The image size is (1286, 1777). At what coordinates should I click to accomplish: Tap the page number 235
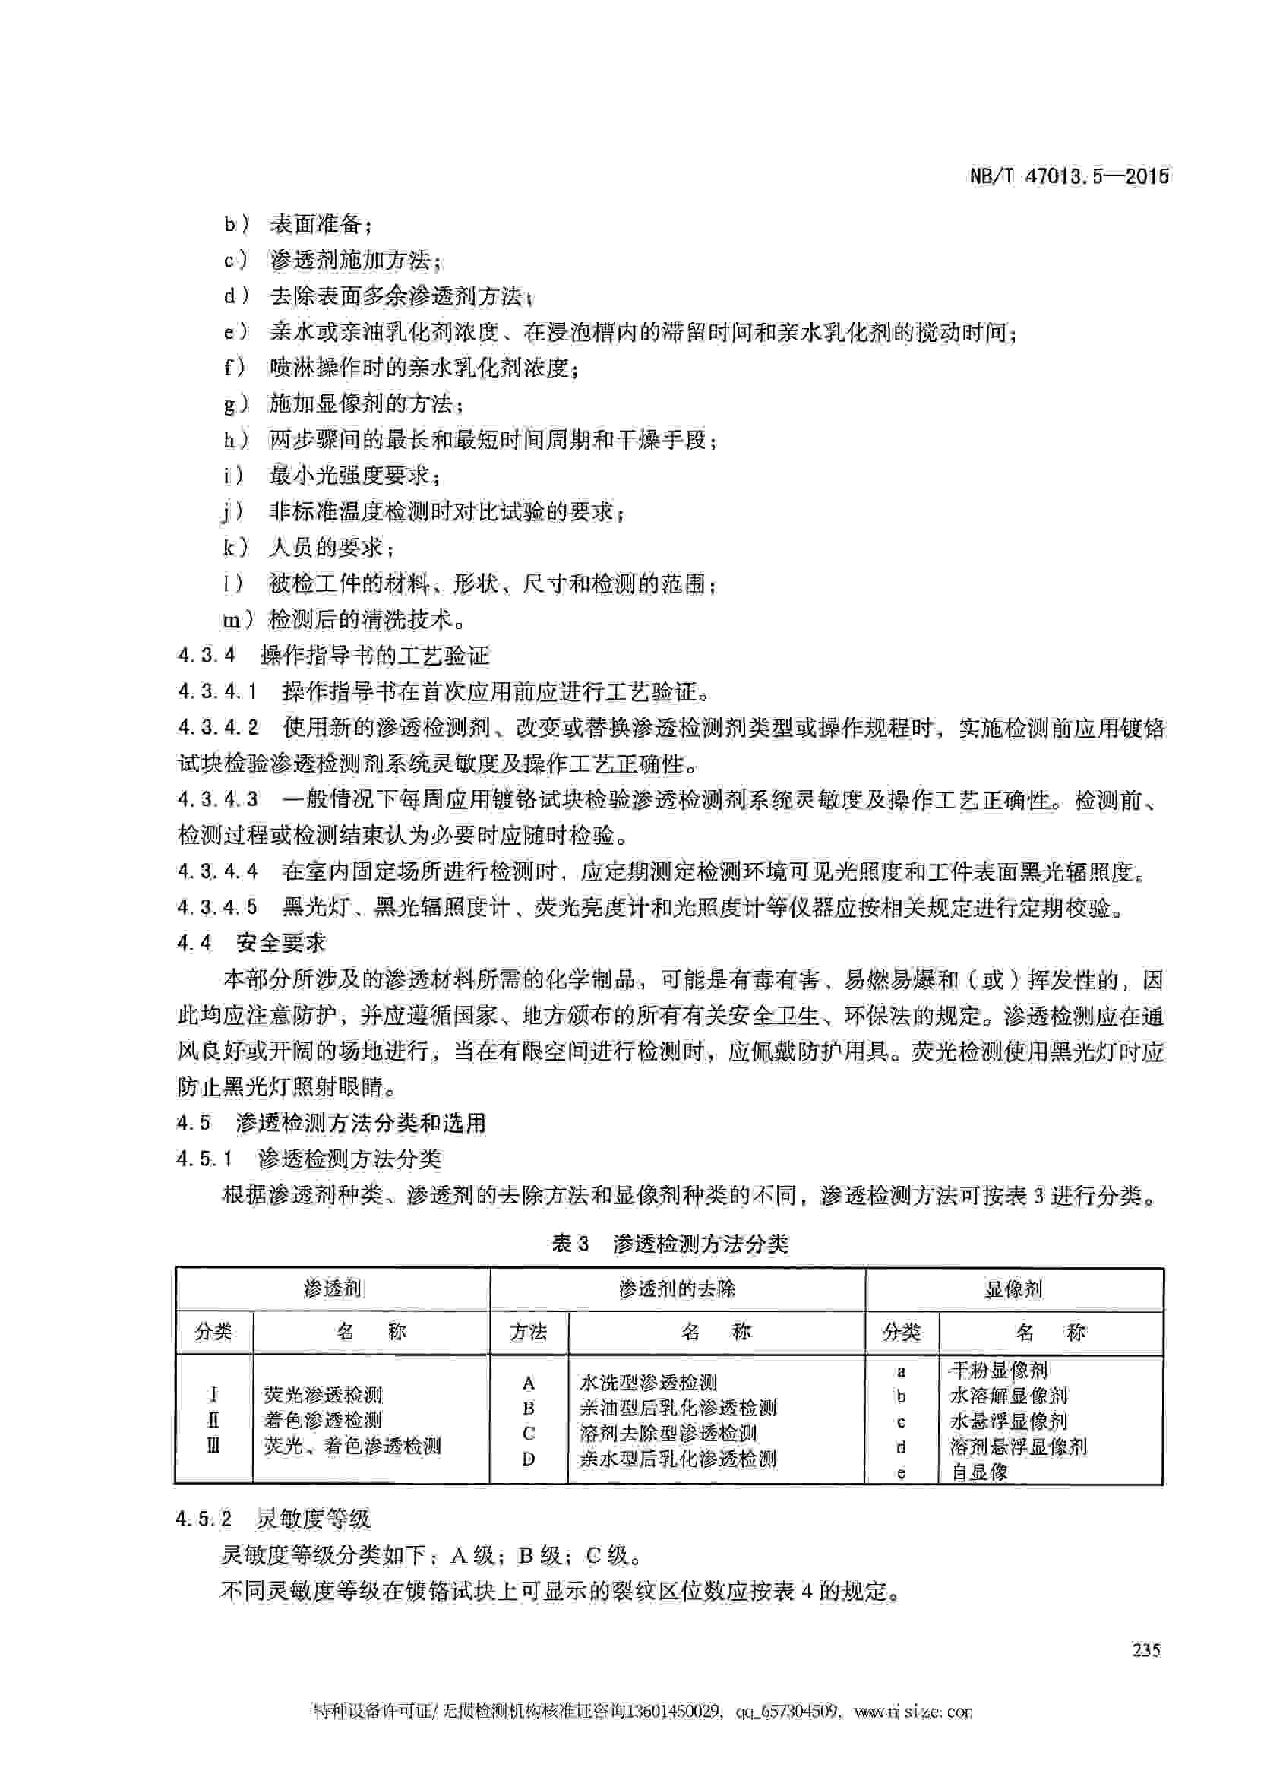coord(1145,1650)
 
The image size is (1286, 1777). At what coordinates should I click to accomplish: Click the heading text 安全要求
coord(280,944)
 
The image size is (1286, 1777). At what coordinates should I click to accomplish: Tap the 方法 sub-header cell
coord(529,1332)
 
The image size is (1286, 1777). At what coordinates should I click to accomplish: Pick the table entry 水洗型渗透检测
coord(649,1382)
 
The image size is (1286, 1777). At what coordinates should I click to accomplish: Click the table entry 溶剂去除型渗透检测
coord(668,1433)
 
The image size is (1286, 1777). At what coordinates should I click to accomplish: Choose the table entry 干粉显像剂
coord(999,1371)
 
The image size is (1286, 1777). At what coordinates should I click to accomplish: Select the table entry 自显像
coord(979,1472)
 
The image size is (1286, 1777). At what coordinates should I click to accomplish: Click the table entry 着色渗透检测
coord(323,1420)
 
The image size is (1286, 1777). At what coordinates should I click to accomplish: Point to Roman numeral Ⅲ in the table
coord(213,1445)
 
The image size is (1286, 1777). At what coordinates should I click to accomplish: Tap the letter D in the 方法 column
coord(529,1458)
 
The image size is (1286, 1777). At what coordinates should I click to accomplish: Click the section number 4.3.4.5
coord(217,907)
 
